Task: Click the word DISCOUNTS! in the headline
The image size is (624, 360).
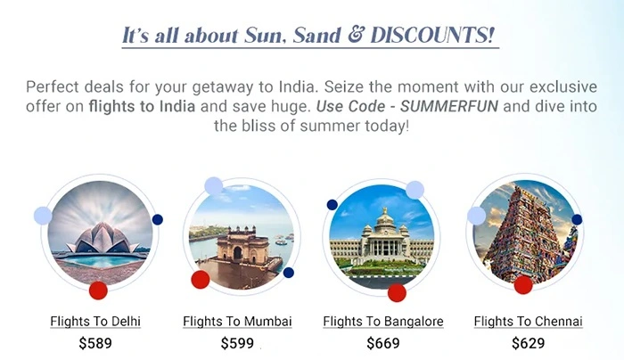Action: [x=432, y=35]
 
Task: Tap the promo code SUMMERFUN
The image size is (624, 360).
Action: [x=449, y=106]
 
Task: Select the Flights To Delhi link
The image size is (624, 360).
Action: [x=95, y=321]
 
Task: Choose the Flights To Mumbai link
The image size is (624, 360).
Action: [x=237, y=321]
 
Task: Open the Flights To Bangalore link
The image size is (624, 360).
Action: [x=383, y=321]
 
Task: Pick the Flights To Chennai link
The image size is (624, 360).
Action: [x=528, y=321]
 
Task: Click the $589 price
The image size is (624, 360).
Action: [x=95, y=343]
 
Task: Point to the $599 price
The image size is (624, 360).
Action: [x=237, y=343]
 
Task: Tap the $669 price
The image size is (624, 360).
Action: [x=383, y=343]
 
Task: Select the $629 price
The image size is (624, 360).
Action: [x=528, y=343]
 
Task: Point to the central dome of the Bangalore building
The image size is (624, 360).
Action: [x=384, y=219]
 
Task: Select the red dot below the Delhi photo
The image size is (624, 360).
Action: [x=98, y=290]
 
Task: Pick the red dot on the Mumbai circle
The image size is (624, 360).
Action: [x=201, y=280]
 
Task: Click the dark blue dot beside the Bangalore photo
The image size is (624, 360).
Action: [x=333, y=205]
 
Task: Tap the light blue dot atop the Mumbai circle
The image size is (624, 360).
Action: [x=214, y=186]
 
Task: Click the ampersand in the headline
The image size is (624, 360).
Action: [x=356, y=35]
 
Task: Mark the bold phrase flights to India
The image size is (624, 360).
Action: [x=142, y=106]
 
